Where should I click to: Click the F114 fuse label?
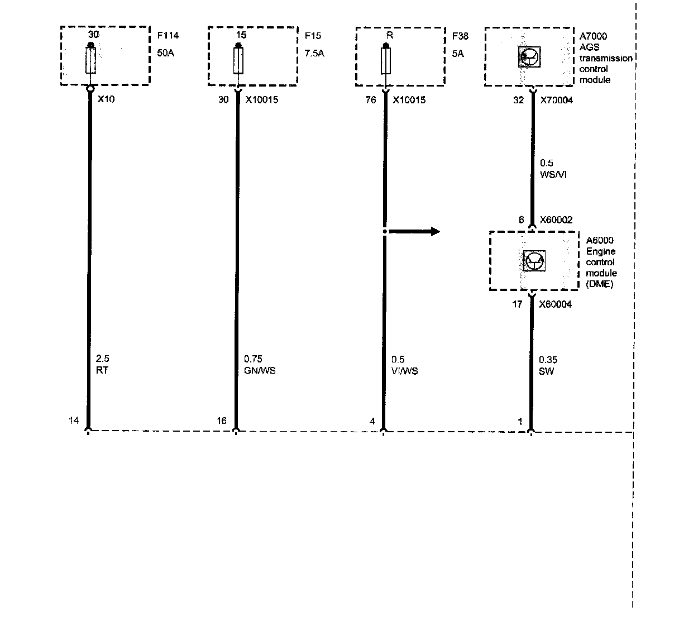click(168, 36)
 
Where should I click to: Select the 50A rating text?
click(166, 54)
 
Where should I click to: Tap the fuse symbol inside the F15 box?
click(238, 60)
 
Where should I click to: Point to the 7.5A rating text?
click(314, 54)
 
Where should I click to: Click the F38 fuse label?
click(460, 36)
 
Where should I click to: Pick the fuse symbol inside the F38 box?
click(386, 60)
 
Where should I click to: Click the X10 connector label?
click(106, 100)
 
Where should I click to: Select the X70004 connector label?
click(557, 100)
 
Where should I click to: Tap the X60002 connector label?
click(556, 220)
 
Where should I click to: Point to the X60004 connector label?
click(555, 304)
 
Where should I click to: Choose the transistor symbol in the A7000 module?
click(529, 57)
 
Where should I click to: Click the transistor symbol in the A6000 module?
click(534, 261)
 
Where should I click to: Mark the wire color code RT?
click(102, 370)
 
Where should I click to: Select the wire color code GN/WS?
click(260, 371)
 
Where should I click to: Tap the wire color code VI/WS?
click(404, 371)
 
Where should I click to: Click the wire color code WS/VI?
click(553, 175)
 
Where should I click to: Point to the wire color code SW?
click(546, 371)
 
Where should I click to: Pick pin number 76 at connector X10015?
click(371, 100)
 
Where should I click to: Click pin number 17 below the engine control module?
click(518, 304)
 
